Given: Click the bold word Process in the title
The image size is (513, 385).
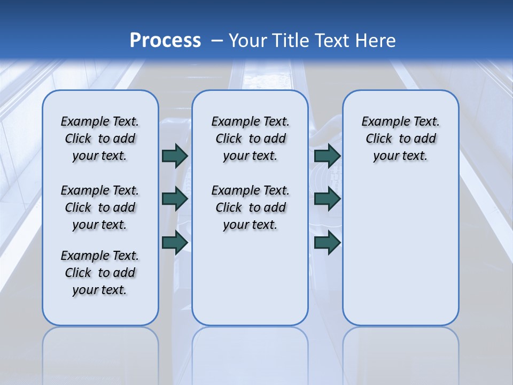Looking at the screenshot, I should click(165, 41).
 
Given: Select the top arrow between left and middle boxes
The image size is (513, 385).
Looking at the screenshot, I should click(175, 156).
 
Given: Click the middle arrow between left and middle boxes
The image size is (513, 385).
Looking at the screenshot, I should click(175, 199).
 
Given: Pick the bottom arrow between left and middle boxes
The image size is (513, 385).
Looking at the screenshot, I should click(175, 243).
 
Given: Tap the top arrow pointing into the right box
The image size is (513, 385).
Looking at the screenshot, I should click(327, 156).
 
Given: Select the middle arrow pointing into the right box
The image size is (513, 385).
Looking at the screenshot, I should click(327, 199).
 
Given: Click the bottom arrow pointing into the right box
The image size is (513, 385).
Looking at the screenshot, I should click(327, 243).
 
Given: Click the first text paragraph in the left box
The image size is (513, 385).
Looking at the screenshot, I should click(100, 138).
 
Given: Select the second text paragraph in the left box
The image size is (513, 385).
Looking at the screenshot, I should click(100, 207).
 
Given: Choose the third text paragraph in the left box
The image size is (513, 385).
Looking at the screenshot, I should click(100, 273).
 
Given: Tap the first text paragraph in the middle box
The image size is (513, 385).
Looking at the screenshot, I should click(250, 138).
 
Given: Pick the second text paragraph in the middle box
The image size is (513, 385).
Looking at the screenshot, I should click(250, 207).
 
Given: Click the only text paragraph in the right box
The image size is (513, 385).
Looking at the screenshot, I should click(400, 138).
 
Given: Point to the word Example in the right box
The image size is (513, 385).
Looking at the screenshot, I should click(382, 122).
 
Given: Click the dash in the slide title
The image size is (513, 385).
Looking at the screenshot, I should click(217, 41).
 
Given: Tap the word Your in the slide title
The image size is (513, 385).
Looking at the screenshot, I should click(249, 41).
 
